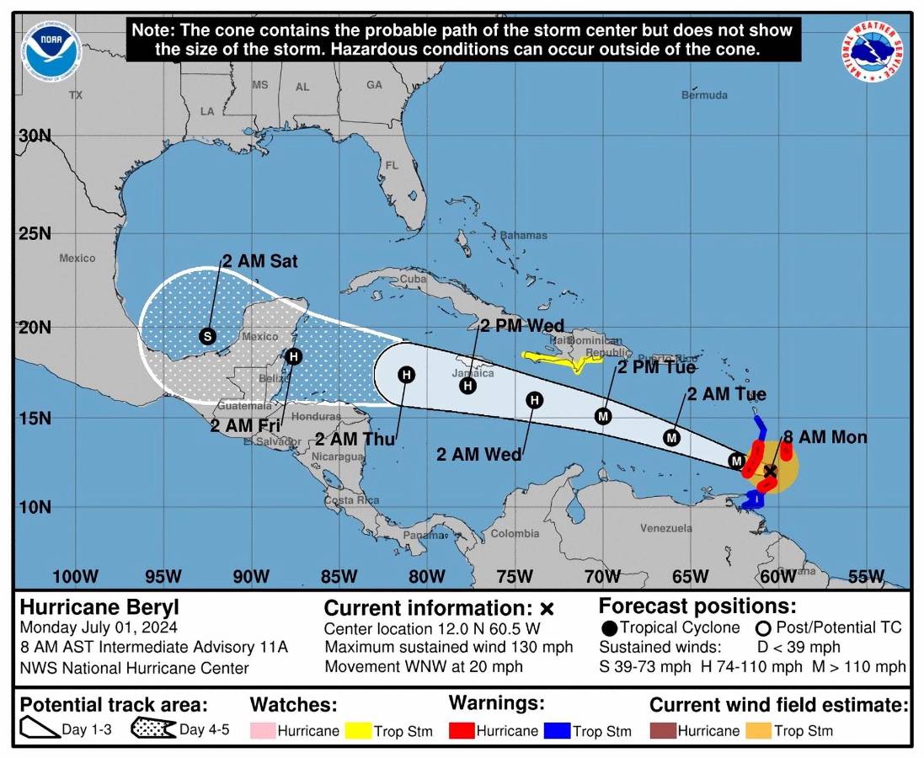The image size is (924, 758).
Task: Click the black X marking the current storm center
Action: click(770, 471)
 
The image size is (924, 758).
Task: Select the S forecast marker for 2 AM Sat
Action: click(208, 336)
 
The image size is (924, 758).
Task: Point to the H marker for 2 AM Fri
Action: click(293, 356)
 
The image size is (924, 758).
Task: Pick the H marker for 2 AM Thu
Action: click(407, 375)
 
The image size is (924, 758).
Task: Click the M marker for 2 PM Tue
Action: click(602, 415)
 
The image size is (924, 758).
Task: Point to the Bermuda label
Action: click(704, 95)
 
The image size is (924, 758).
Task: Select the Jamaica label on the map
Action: click(473, 372)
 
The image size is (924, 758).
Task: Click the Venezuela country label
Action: click(665, 528)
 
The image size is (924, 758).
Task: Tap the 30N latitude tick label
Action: click(35, 136)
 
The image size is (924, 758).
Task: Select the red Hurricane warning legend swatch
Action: click(462, 730)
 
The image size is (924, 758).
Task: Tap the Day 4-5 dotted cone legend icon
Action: click(153, 729)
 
